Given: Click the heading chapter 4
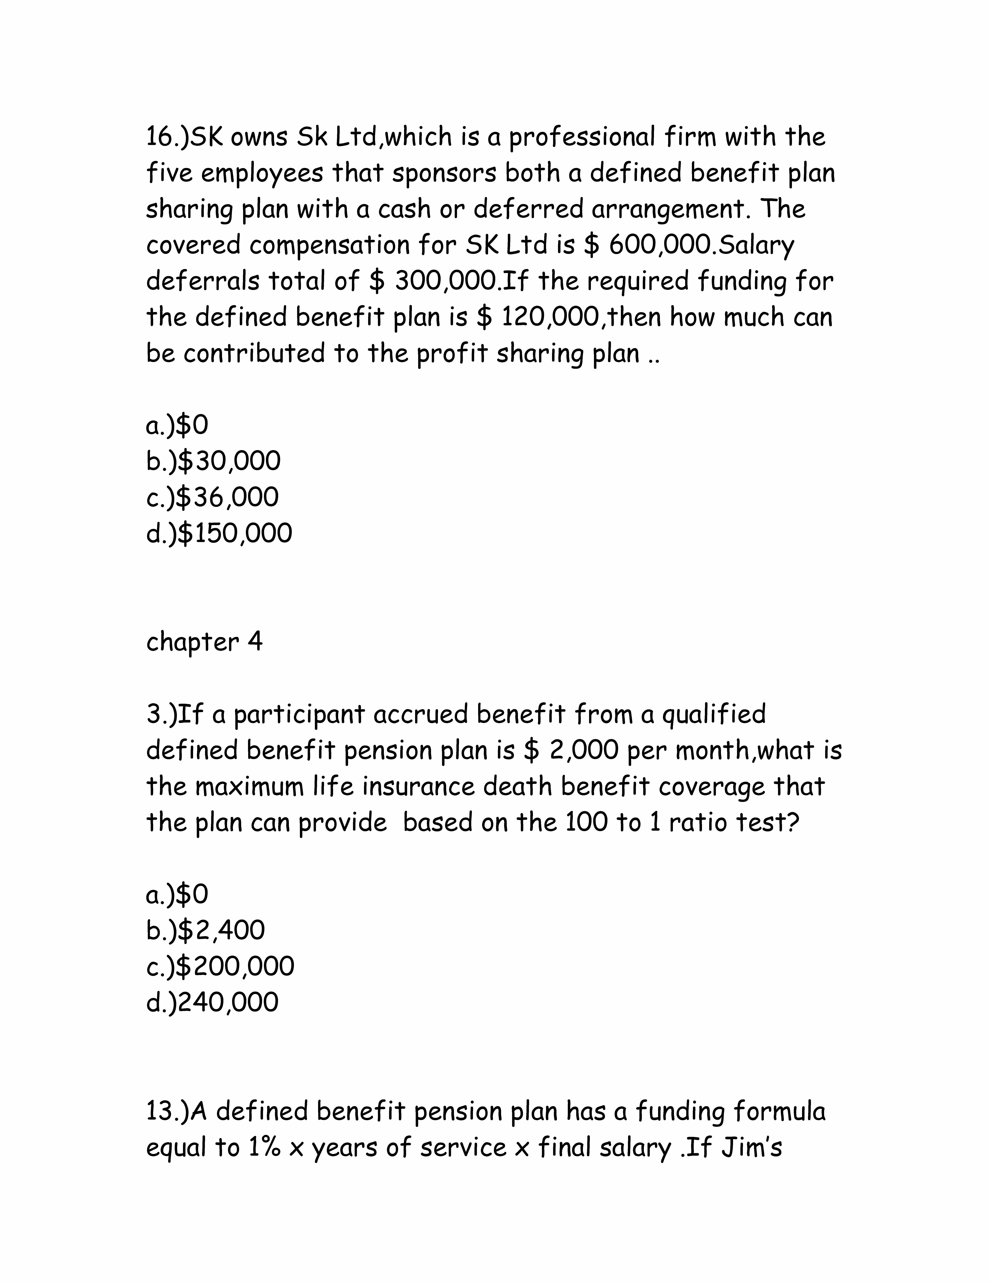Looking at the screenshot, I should (x=204, y=642).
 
